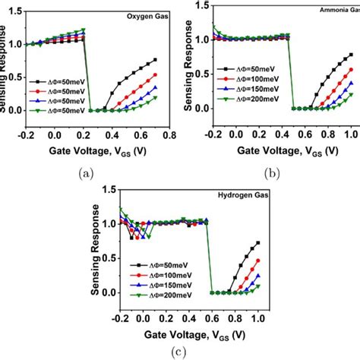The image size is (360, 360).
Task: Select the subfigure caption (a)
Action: pyautogui.click(x=87, y=172)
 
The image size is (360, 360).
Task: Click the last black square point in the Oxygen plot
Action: pyautogui.click(x=156, y=60)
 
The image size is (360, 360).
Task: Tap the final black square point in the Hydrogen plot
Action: pyautogui.click(x=258, y=243)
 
